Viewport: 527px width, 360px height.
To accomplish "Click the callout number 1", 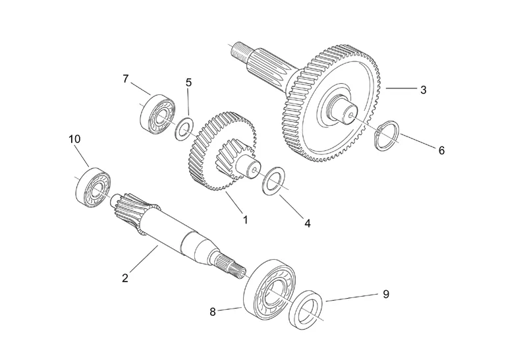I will click(245, 220).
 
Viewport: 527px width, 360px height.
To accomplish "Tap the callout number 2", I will click(125, 277).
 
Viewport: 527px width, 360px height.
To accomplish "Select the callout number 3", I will click(422, 88).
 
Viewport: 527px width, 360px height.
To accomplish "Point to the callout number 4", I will click(306, 223).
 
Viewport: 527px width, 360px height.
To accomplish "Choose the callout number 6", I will click(441, 150).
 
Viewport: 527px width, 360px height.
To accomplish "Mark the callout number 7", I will click(125, 79).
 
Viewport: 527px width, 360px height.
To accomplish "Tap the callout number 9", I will click(386, 293).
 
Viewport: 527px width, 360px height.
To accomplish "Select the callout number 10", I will click(74, 139).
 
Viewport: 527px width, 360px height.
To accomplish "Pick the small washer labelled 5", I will click(182, 128).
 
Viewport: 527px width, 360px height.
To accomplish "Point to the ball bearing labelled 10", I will click(93, 187).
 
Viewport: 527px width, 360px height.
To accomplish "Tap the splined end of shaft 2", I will click(234, 264).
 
